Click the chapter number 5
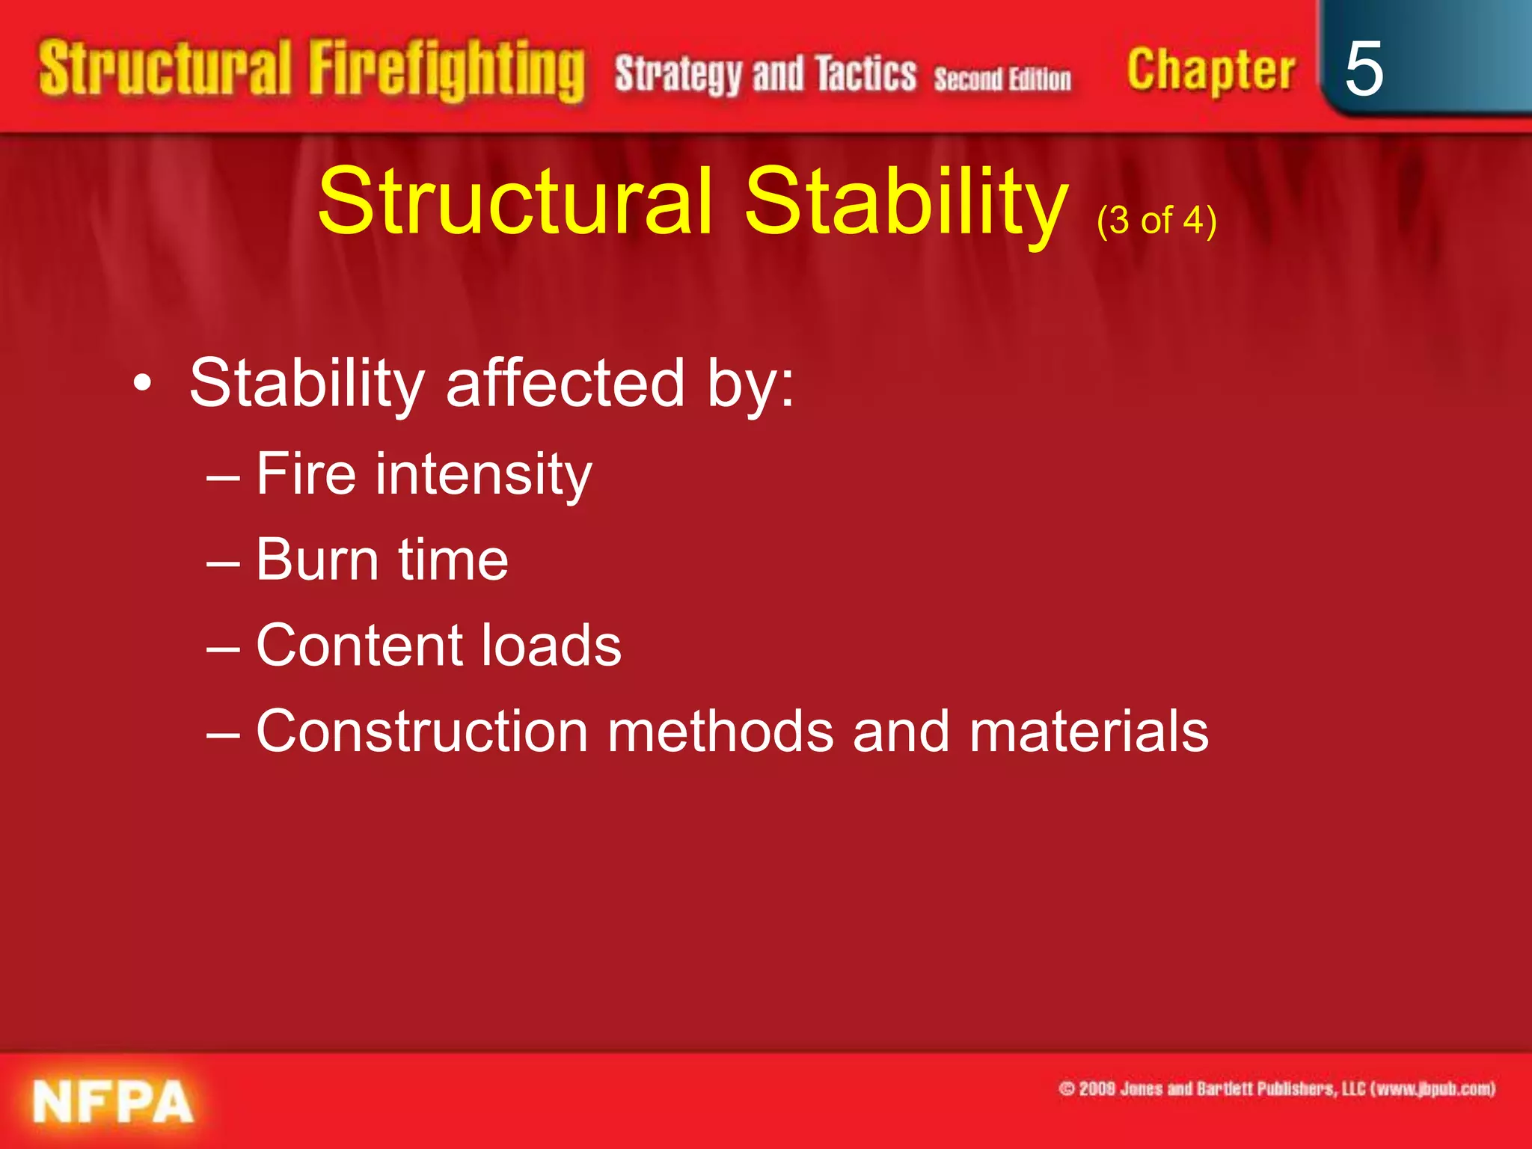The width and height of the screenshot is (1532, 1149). (1363, 69)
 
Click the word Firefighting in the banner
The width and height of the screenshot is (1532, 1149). (446, 70)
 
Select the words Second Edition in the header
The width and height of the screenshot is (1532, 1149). (1002, 79)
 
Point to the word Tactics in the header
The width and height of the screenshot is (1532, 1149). (865, 74)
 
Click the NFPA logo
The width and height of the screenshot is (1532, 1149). (112, 1102)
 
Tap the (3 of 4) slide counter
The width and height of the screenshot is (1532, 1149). (1156, 221)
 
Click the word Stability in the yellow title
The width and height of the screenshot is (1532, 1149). (905, 201)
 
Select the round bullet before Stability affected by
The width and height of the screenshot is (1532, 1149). (142, 384)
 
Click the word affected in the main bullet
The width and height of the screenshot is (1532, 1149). (565, 383)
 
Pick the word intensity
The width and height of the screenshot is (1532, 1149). (483, 474)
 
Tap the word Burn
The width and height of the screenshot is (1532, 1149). (317, 560)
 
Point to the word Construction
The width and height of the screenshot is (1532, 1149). (422, 731)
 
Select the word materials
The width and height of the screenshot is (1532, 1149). (1088, 731)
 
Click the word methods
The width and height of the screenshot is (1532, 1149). (720, 731)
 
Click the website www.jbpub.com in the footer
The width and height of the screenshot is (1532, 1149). (1433, 1088)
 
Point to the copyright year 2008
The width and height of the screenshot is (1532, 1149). (1097, 1088)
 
